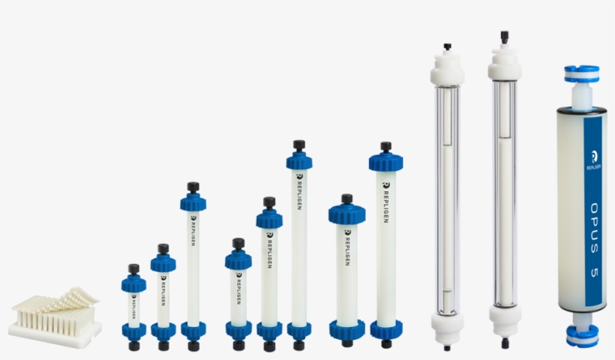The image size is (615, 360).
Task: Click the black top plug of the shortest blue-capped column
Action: (133, 268)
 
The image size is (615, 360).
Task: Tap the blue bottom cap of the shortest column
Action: (133, 330)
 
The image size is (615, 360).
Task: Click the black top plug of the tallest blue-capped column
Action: (298, 145)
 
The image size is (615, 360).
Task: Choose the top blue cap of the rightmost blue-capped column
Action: (385, 161)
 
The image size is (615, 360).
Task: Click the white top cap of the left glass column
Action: (447, 67)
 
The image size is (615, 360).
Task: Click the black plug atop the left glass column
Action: (447, 46)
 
